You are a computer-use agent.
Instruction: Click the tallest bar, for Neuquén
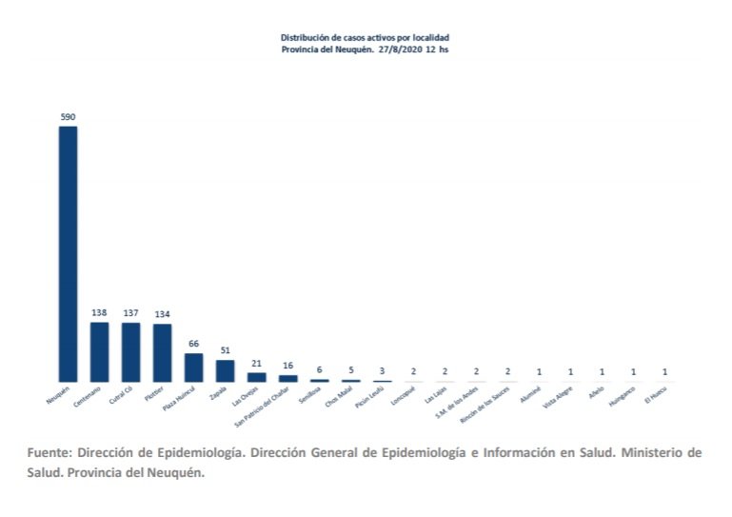click(x=68, y=253)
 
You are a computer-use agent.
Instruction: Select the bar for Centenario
click(x=99, y=351)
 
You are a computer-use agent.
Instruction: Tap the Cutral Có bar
click(x=130, y=351)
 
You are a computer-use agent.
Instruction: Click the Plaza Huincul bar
click(x=193, y=368)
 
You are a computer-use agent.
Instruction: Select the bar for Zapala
click(x=225, y=370)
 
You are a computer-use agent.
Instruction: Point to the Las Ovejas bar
click(x=256, y=377)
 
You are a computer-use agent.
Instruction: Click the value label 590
click(x=68, y=117)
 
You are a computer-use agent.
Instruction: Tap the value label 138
click(x=99, y=313)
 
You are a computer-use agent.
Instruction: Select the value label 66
click(x=193, y=345)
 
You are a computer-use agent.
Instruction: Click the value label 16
click(x=287, y=366)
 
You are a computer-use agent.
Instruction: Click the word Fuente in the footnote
click(x=49, y=453)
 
